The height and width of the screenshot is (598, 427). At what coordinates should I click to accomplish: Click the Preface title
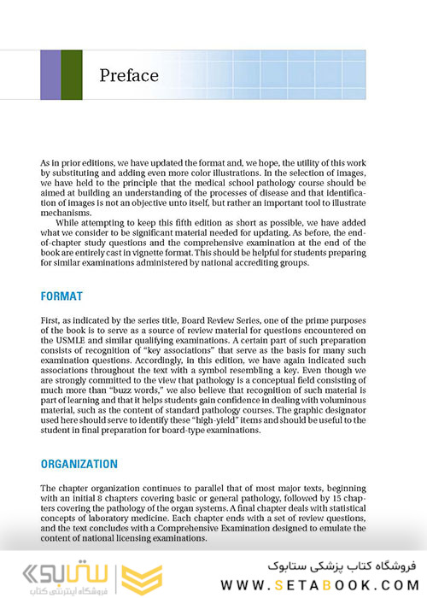coord(128,75)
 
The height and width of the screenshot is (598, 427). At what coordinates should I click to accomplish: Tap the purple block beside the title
coord(50,75)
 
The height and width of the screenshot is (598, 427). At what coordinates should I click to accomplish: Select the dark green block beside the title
coord(72,75)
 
